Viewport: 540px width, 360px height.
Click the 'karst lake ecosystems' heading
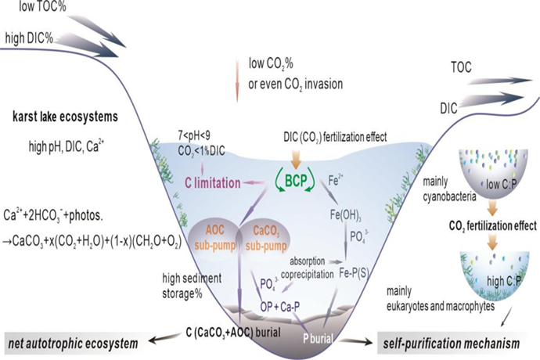64,117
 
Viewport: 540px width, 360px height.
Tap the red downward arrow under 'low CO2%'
236,86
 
